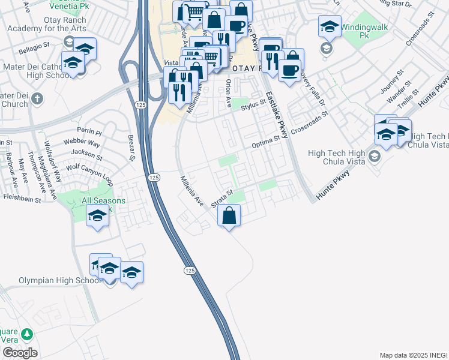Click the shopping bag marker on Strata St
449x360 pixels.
click(x=229, y=215)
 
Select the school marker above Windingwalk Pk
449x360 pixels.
click(x=329, y=27)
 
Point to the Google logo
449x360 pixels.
click(x=20, y=352)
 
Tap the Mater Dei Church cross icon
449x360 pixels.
click(x=37, y=97)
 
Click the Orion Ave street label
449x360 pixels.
click(x=229, y=94)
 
